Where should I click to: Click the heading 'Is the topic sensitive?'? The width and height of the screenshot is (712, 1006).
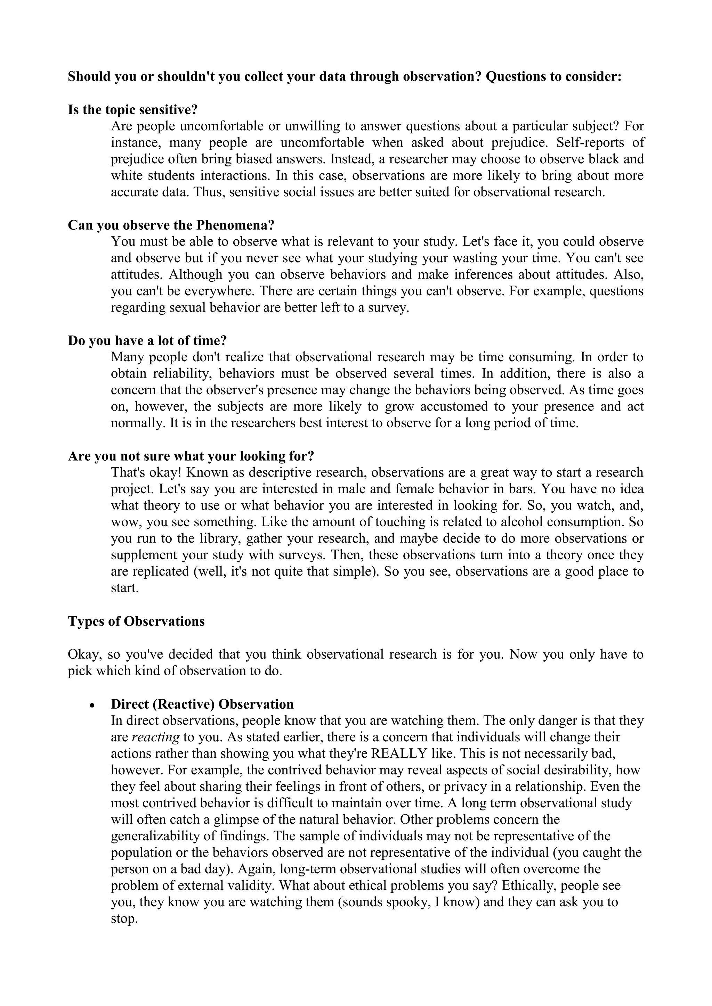click(133, 109)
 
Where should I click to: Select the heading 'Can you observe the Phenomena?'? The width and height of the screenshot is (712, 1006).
click(171, 225)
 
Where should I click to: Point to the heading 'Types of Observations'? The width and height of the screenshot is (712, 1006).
click(136, 621)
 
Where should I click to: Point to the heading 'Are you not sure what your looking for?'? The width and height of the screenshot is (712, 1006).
click(191, 456)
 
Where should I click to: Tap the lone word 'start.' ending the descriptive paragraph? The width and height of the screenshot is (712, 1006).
click(124, 588)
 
